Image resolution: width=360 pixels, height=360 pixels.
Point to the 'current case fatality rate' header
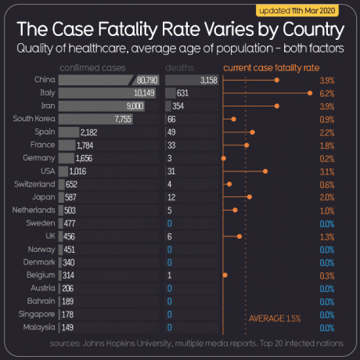coord(271,68)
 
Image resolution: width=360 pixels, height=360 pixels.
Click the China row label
coord(44,80)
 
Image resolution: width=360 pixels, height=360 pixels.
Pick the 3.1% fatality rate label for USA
coord(327,170)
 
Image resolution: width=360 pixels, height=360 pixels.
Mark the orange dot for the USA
coord(265,170)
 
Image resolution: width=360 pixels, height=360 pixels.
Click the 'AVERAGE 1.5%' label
coord(274,319)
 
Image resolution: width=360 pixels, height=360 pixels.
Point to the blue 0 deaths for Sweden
coord(169,224)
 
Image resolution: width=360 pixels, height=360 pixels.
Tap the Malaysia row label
coord(39,326)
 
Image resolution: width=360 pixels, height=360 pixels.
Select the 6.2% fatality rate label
coord(327,93)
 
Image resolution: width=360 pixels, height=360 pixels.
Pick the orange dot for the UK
coord(239,236)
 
